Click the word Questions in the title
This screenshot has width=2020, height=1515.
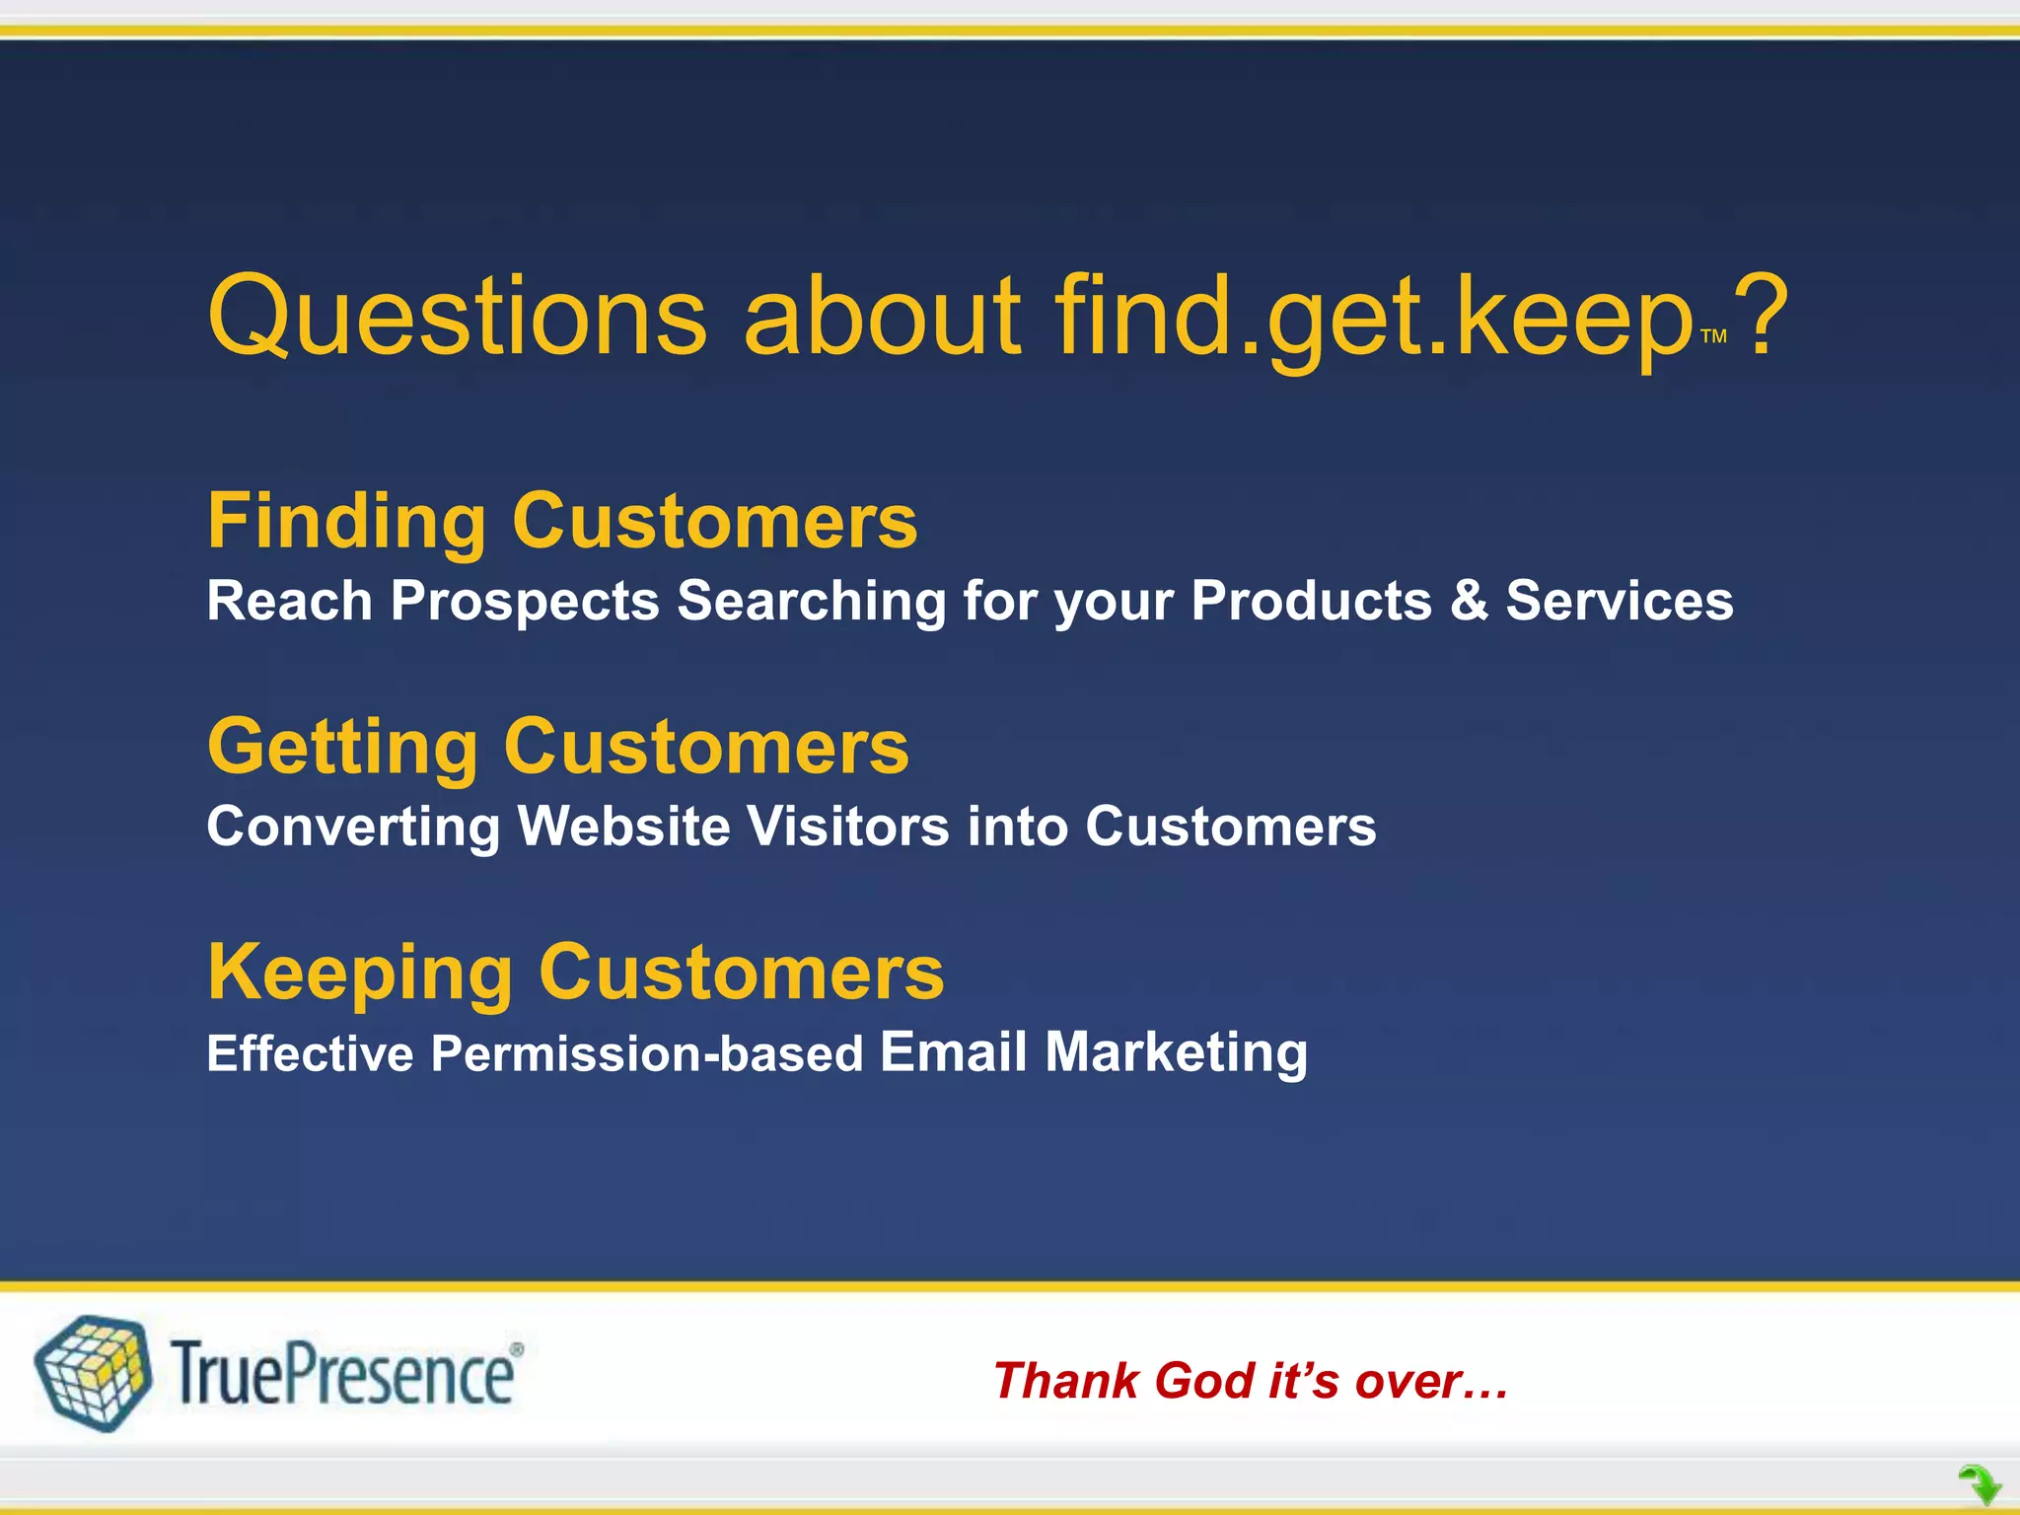point(457,318)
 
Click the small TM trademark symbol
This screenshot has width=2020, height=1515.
point(1714,337)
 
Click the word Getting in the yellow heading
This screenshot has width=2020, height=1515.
point(342,748)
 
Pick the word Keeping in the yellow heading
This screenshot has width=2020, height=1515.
point(360,974)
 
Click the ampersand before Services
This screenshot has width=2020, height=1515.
point(1469,601)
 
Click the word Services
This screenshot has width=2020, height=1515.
point(1619,601)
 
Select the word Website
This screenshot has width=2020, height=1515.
point(623,826)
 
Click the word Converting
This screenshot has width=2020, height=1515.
point(353,826)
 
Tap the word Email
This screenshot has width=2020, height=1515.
point(954,1051)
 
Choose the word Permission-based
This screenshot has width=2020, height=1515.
point(647,1053)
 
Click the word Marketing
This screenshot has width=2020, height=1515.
point(1177,1051)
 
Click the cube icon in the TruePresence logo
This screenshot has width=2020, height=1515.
point(94,1373)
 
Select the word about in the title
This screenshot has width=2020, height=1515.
point(882,318)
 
